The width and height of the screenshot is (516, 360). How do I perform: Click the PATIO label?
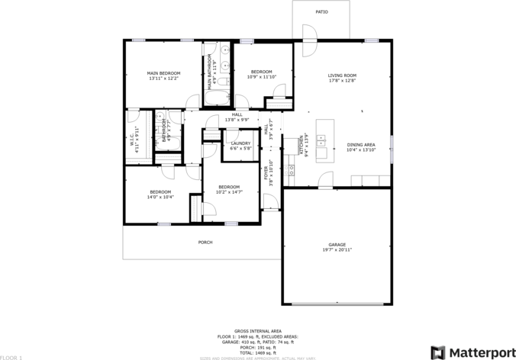[x=322, y=12]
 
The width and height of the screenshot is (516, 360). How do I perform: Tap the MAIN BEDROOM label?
[x=163, y=73]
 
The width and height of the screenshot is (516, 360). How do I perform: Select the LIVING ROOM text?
[x=342, y=76]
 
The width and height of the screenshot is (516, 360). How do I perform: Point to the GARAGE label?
[x=337, y=245]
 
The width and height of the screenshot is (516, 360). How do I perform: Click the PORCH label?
[x=205, y=243]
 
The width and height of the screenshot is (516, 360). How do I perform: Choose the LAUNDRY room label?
[x=240, y=143]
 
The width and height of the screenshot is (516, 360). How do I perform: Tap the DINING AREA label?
[x=361, y=145]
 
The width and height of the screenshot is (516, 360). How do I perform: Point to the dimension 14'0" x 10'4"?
[x=160, y=197]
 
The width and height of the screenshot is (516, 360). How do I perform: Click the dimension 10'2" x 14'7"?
[x=229, y=192]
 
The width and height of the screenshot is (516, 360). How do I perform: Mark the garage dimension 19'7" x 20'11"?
[x=337, y=250]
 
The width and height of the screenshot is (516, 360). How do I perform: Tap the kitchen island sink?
[x=321, y=140]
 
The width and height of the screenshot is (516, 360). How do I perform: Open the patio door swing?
[x=309, y=42]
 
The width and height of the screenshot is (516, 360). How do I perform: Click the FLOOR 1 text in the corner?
[x=11, y=357]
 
